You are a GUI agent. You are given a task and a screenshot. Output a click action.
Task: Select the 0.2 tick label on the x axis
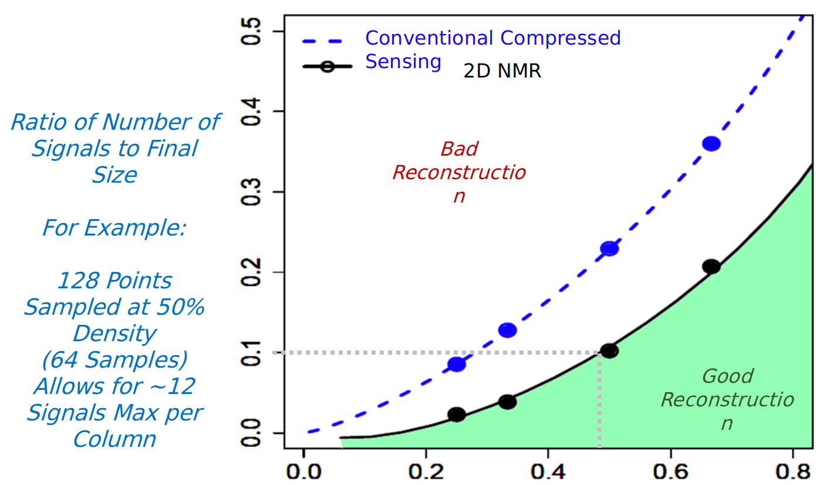point(425,471)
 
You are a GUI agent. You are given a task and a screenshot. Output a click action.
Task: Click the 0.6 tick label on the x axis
point(670,471)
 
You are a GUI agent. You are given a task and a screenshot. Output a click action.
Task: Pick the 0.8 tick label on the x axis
point(792,471)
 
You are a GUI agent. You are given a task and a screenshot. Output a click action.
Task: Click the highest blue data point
point(711,144)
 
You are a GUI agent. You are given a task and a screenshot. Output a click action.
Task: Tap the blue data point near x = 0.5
point(610,248)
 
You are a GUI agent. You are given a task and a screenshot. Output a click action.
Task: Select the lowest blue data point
point(457,364)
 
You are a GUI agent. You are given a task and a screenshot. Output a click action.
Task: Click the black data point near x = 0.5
point(610,351)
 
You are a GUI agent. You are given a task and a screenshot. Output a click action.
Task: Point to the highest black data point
point(711,266)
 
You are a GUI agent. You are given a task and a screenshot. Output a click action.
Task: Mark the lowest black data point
point(457,415)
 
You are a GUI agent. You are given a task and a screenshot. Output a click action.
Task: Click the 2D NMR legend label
point(502,71)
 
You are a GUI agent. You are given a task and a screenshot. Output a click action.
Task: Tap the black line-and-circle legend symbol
point(327,66)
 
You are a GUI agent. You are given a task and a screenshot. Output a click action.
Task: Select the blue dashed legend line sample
point(327,41)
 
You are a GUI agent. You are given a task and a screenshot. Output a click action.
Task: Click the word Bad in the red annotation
point(459,149)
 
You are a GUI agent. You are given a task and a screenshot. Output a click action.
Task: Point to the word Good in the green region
point(727,376)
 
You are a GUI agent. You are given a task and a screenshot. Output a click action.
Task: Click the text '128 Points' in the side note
point(114,281)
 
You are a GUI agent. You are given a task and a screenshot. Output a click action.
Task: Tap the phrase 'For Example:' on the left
point(114,228)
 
